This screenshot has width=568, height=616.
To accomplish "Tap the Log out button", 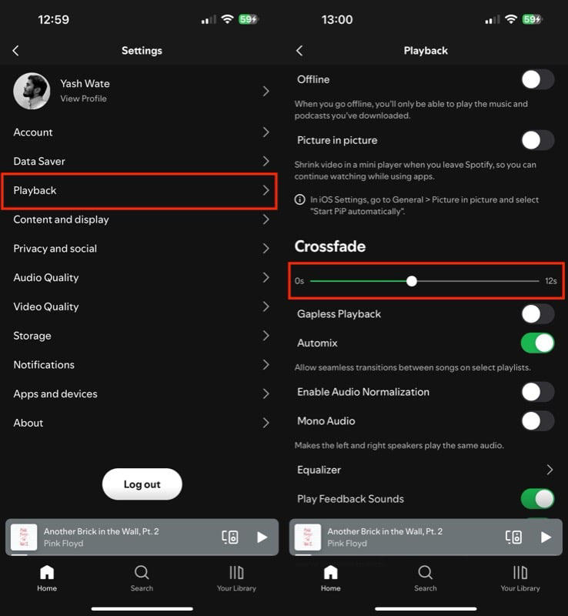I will point(142,484).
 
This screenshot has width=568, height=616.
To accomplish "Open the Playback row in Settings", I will point(141,190).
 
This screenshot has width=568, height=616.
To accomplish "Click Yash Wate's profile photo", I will point(32,91).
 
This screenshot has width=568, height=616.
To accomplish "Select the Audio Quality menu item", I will point(141,277).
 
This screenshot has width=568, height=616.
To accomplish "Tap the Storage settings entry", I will point(141,336).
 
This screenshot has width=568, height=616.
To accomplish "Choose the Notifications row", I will point(141,365).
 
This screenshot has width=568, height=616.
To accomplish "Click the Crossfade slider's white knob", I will point(412,281).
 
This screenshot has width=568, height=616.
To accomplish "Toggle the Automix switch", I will point(537,343).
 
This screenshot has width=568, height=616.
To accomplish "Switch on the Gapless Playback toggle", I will point(537,314).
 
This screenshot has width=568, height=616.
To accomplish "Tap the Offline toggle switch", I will point(537,79).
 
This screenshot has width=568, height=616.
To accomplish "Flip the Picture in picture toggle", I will point(537,140).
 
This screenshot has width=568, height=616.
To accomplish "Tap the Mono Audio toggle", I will point(537,421).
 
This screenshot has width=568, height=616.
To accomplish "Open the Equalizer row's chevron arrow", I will point(550,470).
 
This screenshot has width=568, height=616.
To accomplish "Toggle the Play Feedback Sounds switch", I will point(537,499).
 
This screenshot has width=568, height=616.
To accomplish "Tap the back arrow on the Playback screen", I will point(299,51).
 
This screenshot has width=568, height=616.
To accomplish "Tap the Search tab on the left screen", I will point(142,577).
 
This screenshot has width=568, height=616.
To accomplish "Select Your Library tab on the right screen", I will point(520,577).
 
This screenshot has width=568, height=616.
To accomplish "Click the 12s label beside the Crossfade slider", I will point(550,281).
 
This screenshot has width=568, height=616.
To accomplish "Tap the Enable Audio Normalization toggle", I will point(537,392).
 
